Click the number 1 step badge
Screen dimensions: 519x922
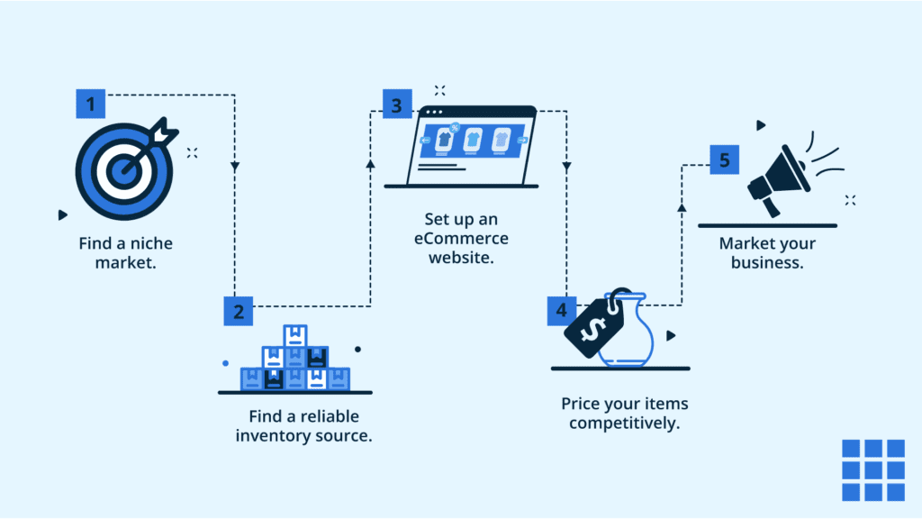(90, 104)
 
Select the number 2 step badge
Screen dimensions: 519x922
(239, 311)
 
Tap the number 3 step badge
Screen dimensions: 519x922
(396, 105)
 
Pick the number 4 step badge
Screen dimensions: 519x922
(562, 311)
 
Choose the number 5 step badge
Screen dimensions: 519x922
(725, 161)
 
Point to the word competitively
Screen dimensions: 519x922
(624, 423)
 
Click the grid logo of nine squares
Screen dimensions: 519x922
(872, 470)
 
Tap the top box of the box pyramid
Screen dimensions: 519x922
(295, 335)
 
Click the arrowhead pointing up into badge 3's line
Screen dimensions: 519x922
(370, 164)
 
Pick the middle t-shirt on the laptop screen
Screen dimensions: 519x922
(473, 139)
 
